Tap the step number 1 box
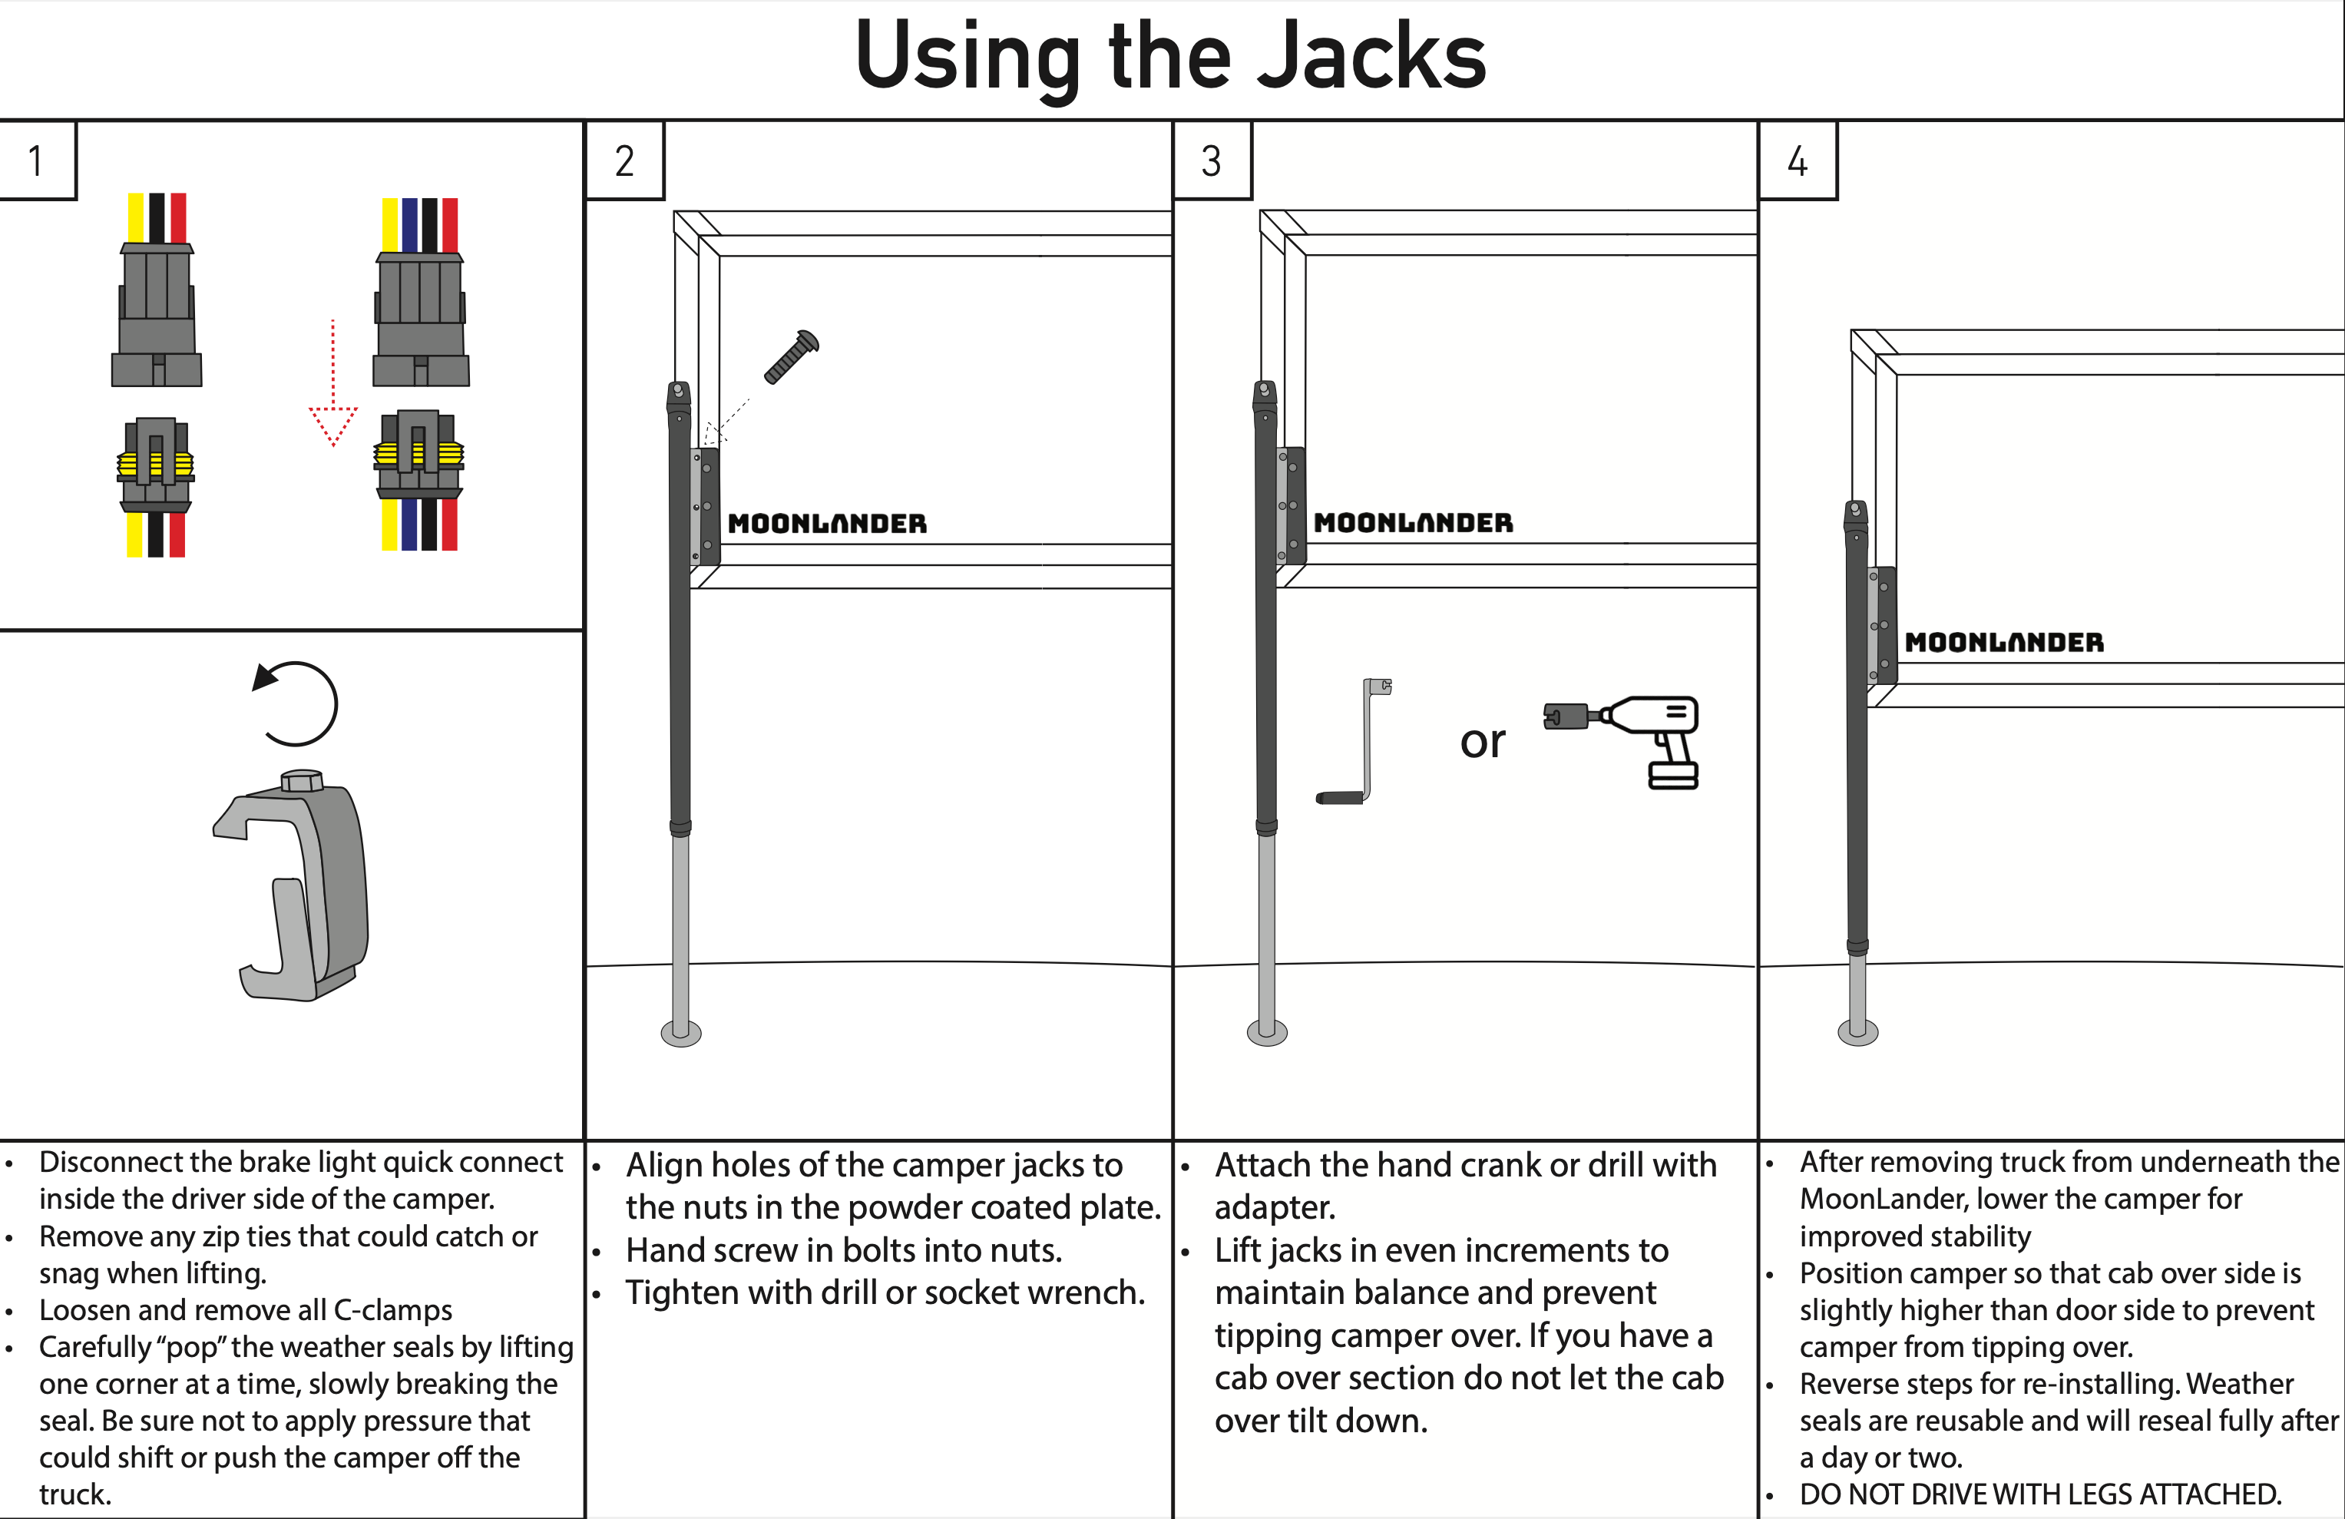click(36, 161)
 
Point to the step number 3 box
click(1211, 161)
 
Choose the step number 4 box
click(1798, 161)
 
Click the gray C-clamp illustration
click(296, 887)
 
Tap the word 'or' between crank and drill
click(1482, 741)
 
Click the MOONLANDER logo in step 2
click(827, 524)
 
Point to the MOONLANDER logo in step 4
click(2003, 643)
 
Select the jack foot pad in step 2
click(681, 1033)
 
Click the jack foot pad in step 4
click(1857, 1032)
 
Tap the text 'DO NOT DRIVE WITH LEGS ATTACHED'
click(2039, 1494)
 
